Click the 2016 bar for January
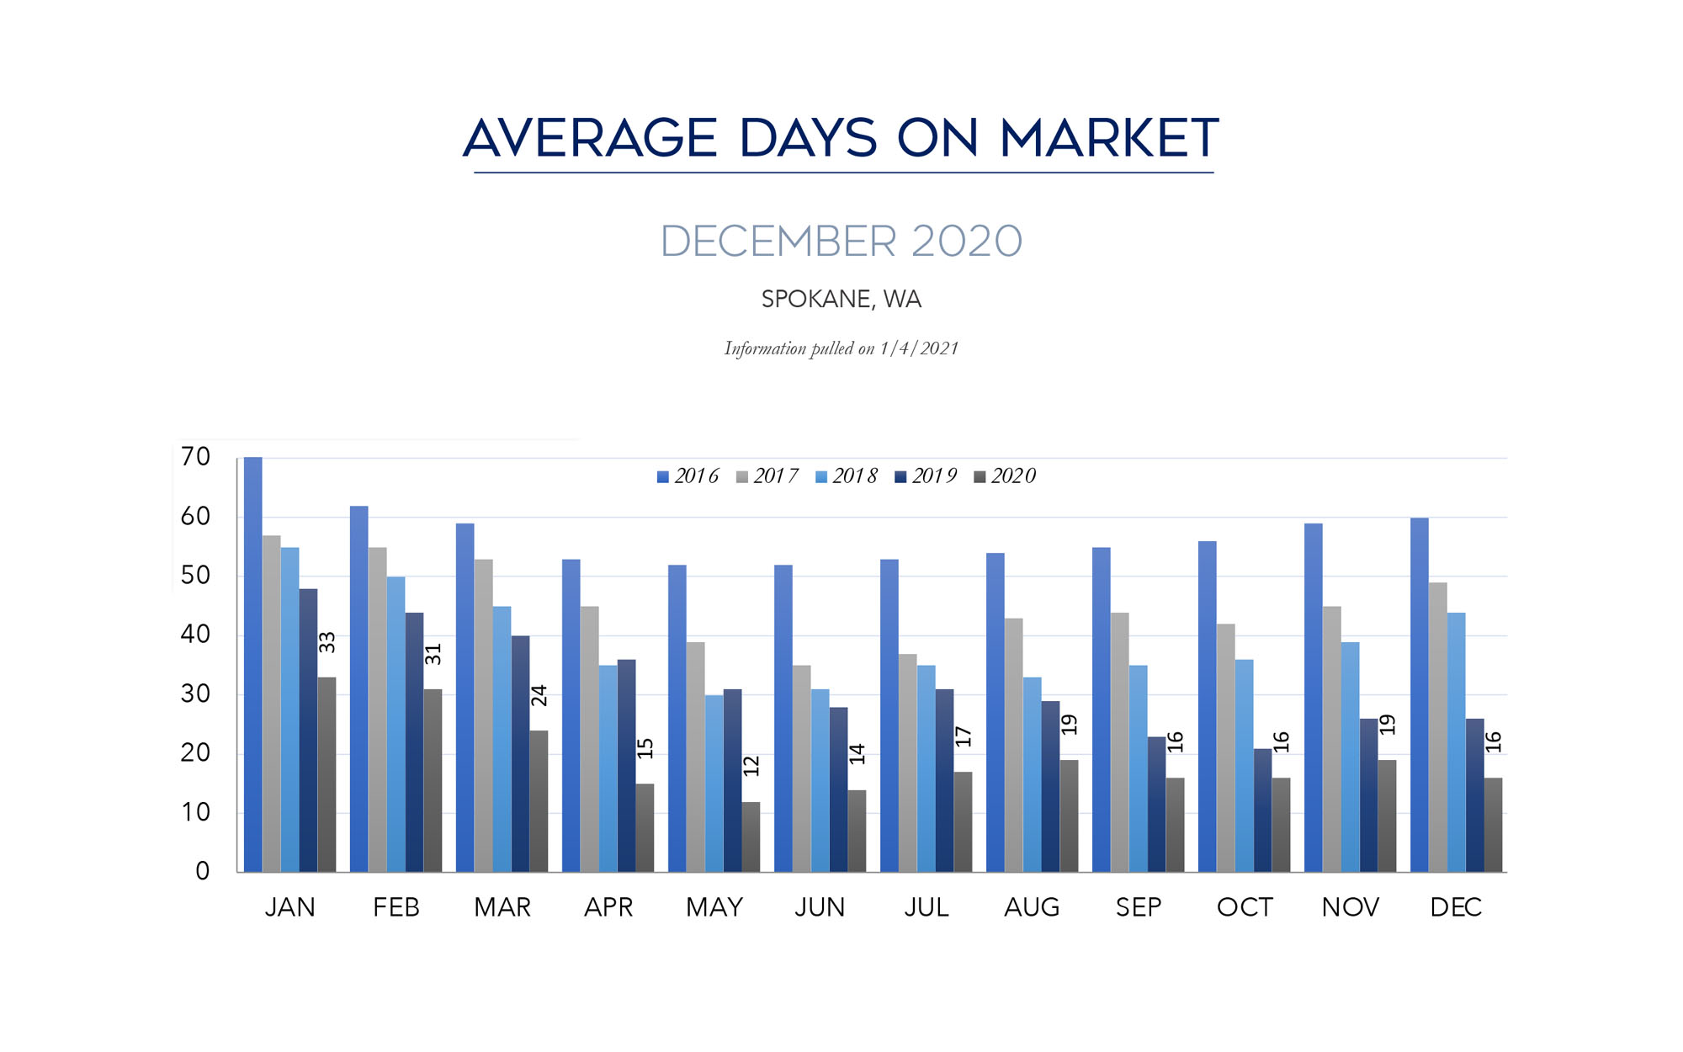(x=253, y=665)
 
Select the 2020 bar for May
(x=751, y=837)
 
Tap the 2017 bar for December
(x=1437, y=727)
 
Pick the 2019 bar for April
(x=626, y=766)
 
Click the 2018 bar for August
(x=1032, y=774)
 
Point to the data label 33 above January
(x=327, y=642)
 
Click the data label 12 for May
(x=751, y=766)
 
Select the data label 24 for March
(x=539, y=695)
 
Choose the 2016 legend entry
(x=688, y=476)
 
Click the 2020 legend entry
(x=1005, y=476)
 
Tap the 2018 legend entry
(x=847, y=476)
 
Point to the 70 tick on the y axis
(x=195, y=457)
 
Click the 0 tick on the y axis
(x=202, y=871)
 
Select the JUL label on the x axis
(x=926, y=907)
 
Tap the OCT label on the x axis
(x=1245, y=907)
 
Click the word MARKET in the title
(x=1109, y=138)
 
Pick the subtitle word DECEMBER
(x=778, y=242)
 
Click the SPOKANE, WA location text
(x=841, y=300)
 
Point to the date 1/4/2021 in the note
(x=919, y=348)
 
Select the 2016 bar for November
(x=1314, y=698)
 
